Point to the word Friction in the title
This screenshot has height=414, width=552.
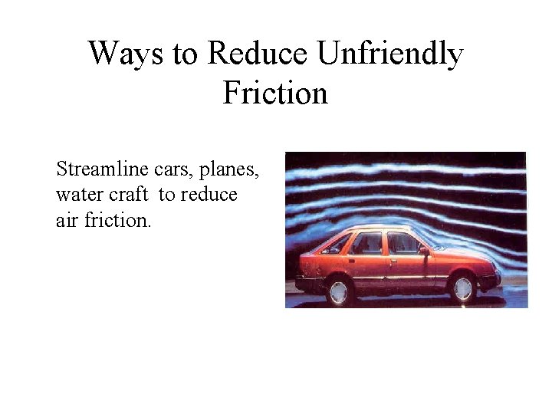point(275,93)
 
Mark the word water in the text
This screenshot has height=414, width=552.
point(77,195)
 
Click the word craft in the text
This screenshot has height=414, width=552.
point(127,195)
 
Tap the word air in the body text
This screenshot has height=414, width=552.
point(67,220)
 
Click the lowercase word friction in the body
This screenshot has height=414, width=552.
point(118,220)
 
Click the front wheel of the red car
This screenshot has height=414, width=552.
point(462,287)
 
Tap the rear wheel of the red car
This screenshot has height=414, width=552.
point(338,291)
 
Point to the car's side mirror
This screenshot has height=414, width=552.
point(424,251)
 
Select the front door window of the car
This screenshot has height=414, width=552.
point(402,243)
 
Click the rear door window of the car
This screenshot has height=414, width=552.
point(366,243)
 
